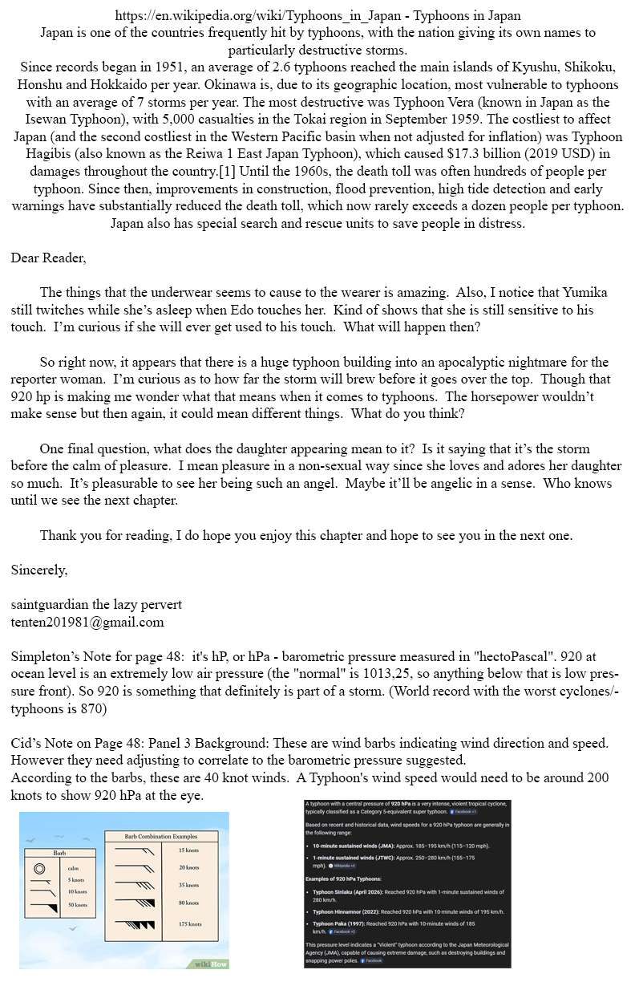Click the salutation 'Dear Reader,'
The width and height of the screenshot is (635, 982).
point(48,258)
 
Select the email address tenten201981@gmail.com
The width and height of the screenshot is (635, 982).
point(87,621)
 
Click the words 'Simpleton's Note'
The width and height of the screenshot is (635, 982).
point(61,656)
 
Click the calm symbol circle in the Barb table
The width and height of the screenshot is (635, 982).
point(38,868)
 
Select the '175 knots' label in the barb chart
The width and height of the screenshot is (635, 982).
point(189,924)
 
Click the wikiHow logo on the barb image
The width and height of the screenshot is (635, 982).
point(211,963)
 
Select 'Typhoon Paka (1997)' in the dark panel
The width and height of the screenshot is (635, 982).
point(342,924)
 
